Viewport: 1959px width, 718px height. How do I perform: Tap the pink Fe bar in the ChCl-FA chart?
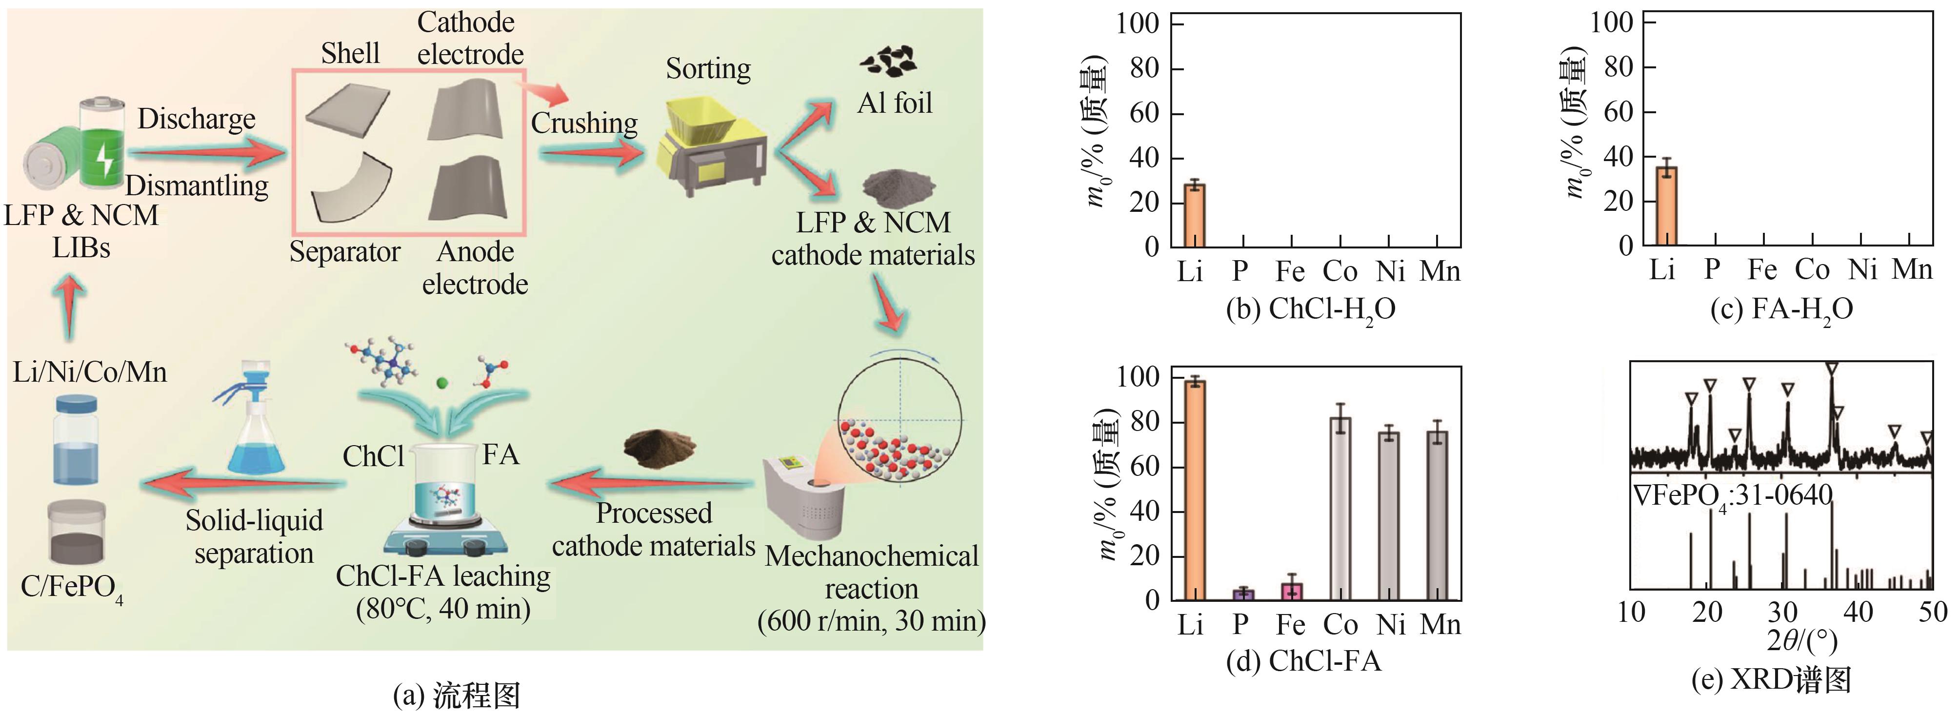1291,591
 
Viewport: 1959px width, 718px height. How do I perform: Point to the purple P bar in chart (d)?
1242,594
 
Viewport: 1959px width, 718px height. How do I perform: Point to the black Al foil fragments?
888,60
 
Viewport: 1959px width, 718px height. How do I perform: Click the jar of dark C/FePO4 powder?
76,533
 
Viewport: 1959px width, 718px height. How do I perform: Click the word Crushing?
584,123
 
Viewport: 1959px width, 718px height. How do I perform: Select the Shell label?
350,53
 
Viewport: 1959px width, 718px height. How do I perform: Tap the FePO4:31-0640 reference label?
1732,496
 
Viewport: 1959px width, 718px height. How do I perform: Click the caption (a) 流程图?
456,695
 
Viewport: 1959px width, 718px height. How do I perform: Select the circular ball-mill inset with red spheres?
900,422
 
